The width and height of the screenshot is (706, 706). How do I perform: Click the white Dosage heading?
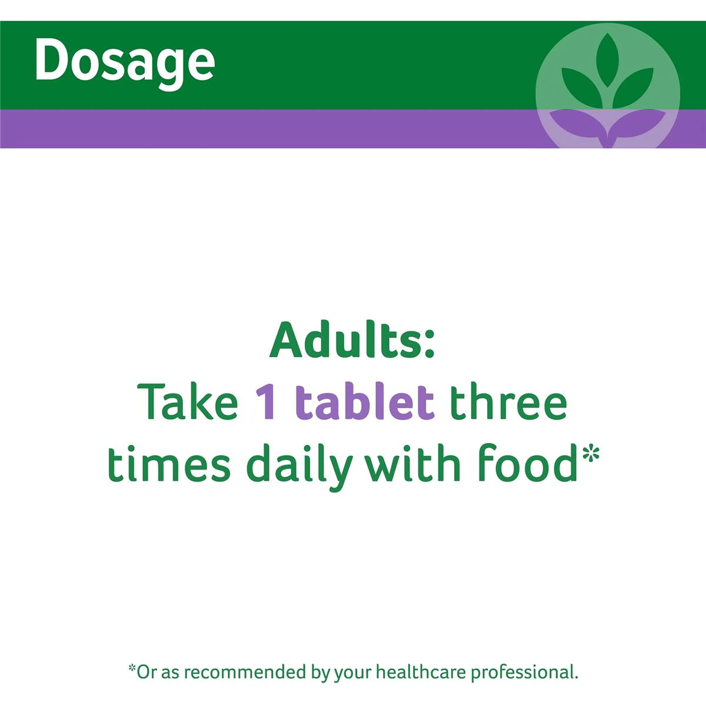coord(125,62)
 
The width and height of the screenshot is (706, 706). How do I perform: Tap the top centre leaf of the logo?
coord(607,61)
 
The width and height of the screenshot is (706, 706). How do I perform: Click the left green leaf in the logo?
coord(582,88)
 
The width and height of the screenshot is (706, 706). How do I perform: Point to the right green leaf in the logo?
coord(632,88)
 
